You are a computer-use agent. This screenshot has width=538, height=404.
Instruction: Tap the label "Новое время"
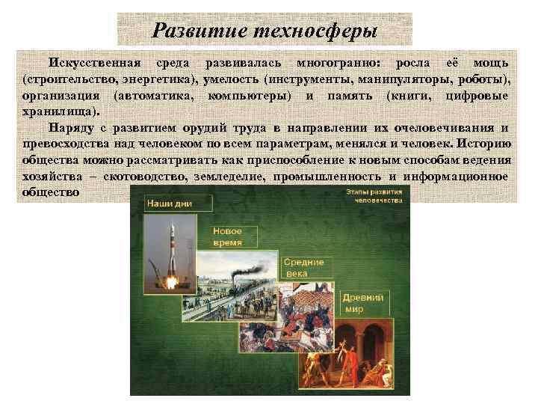[227, 237]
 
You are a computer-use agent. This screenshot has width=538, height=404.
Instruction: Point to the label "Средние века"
[304, 268]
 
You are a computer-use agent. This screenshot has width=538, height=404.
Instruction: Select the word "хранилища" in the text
[57, 112]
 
